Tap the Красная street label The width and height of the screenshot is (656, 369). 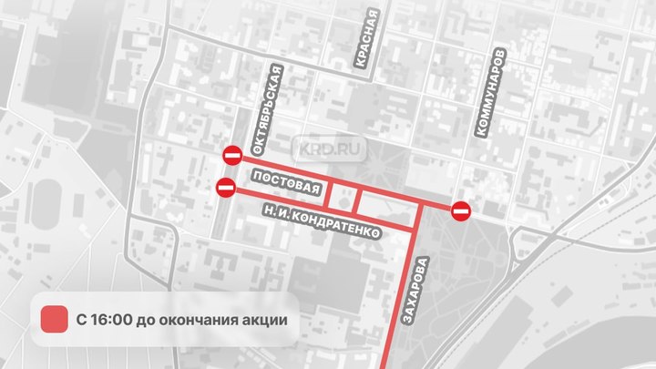pos(367,40)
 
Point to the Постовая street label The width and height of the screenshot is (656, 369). pos(286,182)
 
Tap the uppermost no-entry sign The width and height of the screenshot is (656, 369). pos(234,155)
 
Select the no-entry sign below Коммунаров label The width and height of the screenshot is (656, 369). pos(461,211)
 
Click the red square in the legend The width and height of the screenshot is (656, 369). pos(56,320)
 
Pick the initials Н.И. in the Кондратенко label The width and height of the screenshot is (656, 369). pos(272,212)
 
